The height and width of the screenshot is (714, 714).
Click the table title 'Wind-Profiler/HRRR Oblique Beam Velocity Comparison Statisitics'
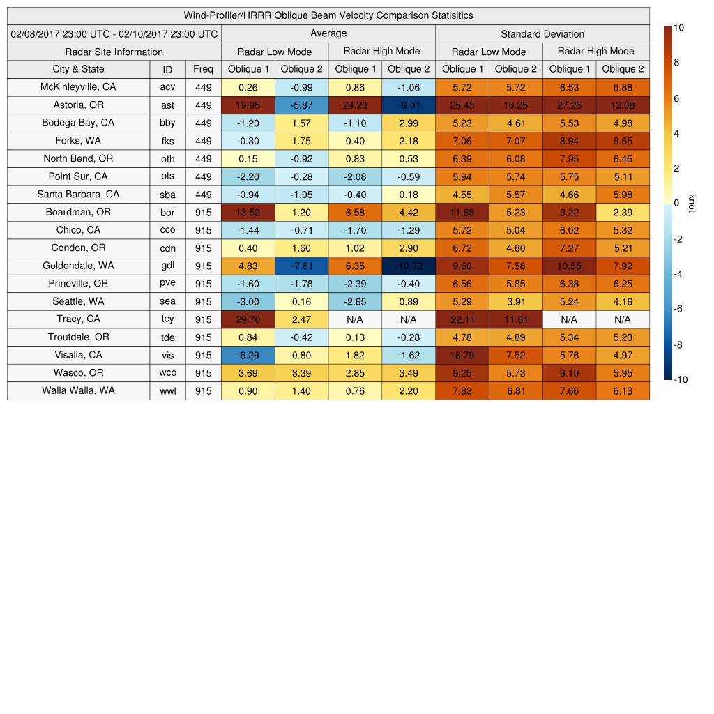pyautogui.click(x=328, y=15)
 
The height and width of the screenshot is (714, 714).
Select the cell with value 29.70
pyautogui.click(x=248, y=319)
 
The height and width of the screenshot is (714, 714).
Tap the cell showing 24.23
pyautogui.click(x=355, y=105)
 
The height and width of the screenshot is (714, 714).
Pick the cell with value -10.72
pyautogui.click(x=408, y=266)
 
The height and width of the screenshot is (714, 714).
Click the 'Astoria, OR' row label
pyautogui.click(x=78, y=105)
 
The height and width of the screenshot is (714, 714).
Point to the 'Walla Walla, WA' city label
pyautogui.click(x=78, y=390)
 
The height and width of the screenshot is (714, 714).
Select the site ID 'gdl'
pyautogui.click(x=167, y=266)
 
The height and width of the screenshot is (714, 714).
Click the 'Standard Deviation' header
pyautogui.click(x=542, y=34)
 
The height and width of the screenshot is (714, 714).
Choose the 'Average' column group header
pyautogui.click(x=328, y=33)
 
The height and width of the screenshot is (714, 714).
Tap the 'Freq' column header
pyautogui.click(x=203, y=69)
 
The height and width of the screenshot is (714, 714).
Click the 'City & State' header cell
pyautogui.click(x=78, y=69)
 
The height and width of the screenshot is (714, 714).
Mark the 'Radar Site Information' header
pyautogui.click(x=114, y=52)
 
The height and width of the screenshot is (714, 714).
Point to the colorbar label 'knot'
pyautogui.click(x=692, y=203)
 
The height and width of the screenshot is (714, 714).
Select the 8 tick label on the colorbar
pyautogui.click(x=676, y=63)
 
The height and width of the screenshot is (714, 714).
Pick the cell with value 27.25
pyautogui.click(x=569, y=105)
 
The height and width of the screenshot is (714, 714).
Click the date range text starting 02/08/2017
pyautogui.click(x=114, y=33)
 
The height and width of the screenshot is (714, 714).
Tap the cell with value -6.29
pyautogui.click(x=248, y=355)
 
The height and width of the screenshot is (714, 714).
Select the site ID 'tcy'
pyautogui.click(x=167, y=319)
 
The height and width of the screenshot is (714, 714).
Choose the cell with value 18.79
pyautogui.click(x=462, y=355)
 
